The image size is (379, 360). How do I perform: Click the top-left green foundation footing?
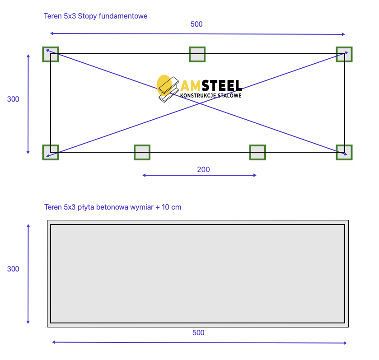point(51,54)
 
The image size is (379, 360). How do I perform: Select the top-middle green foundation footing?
point(197,54)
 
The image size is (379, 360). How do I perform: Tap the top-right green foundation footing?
point(344,54)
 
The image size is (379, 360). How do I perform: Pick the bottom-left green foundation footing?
point(51,153)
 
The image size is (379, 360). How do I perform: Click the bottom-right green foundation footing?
point(344,153)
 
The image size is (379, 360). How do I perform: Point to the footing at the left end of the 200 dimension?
point(142,153)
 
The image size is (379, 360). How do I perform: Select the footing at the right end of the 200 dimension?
point(257,153)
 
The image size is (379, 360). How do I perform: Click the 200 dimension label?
point(203,169)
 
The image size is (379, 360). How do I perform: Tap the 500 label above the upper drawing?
point(197,24)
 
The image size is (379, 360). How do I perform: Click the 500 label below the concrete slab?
point(198,333)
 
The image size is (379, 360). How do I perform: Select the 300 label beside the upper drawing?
point(13,99)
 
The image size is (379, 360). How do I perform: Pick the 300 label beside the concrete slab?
point(13,269)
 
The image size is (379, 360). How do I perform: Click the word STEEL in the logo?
point(222,85)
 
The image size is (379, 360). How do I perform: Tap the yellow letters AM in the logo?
point(191,86)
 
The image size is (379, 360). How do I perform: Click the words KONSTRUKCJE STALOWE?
point(211,96)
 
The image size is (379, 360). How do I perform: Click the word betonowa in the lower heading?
point(112,207)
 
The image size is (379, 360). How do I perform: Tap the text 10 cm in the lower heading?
point(171,207)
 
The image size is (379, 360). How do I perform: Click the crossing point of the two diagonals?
point(200,103)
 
